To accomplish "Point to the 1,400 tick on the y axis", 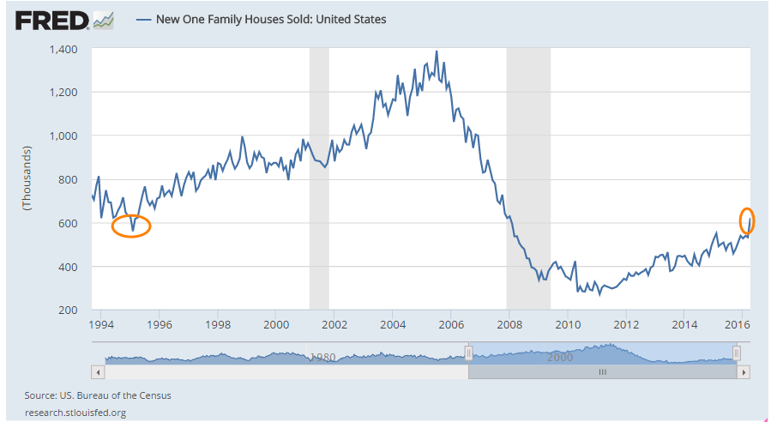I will pyautogui.click(x=64, y=49).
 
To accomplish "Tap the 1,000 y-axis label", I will pyautogui.click(x=64, y=136).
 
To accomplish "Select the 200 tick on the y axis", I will pyautogui.click(x=69, y=310).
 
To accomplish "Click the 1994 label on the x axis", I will pyautogui.click(x=101, y=325).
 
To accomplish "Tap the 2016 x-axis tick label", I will pyautogui.click(x=739, y=325).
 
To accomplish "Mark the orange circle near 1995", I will pyautogui.click(x=131, y=226).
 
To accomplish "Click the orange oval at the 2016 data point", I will pyautogui.click(x=746, y=221).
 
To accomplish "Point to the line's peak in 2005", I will pyautogui.click(x=437, y=51).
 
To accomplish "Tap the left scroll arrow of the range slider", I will pyautogui.click(x=98, y=372).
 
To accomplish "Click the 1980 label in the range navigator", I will pyautogui.click(x=322, y=356).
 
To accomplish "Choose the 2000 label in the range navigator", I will pyautogui.click(x=560, y=356).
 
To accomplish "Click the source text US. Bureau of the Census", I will pyautogui.click(x=98, y=395).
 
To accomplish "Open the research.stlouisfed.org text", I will pyautogui.click(x=75, y=413).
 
